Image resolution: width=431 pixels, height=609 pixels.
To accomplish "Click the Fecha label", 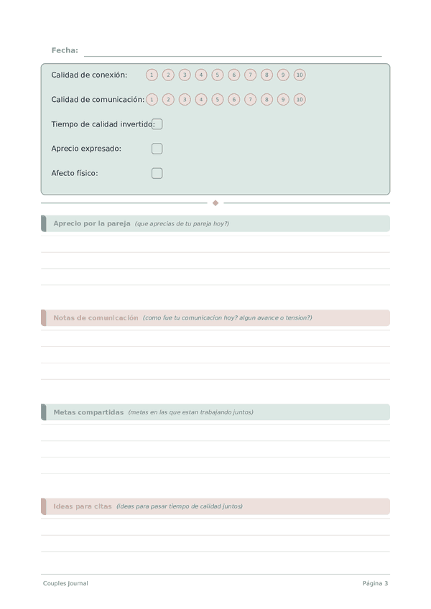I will [65, 50].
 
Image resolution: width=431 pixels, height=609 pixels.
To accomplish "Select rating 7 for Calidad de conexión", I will [250, 75].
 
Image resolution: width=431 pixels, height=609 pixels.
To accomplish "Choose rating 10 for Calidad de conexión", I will [300, 75].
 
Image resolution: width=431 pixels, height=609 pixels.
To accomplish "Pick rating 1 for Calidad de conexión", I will [152, 75].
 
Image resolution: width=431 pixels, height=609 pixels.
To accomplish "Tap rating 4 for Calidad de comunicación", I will [201, 100].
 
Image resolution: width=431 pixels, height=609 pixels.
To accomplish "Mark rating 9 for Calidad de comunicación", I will [283, 100].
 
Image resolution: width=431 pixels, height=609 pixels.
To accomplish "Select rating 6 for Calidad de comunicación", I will [233, 100].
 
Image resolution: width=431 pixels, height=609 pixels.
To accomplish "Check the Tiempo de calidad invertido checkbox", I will [157, 124].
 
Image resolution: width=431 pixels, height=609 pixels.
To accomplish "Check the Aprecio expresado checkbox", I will [157, 149].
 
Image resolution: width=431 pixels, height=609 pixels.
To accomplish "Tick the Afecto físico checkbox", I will [157, 173].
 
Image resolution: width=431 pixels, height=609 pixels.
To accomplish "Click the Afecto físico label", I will [75, 173].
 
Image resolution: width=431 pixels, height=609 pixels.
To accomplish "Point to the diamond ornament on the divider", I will [215, 203].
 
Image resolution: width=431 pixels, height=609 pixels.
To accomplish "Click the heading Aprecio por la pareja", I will [92, 223].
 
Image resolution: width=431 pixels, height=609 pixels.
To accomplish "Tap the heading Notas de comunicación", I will [96, 317].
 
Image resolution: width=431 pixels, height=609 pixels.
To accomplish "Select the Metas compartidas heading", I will [88, 412].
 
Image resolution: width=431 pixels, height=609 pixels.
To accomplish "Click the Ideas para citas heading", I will [83, 506].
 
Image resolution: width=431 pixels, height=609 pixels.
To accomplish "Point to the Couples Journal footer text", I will [65, 583].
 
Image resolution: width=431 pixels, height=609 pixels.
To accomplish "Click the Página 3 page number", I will [375, 583].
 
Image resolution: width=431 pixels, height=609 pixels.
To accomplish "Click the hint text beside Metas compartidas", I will [190, 412].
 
